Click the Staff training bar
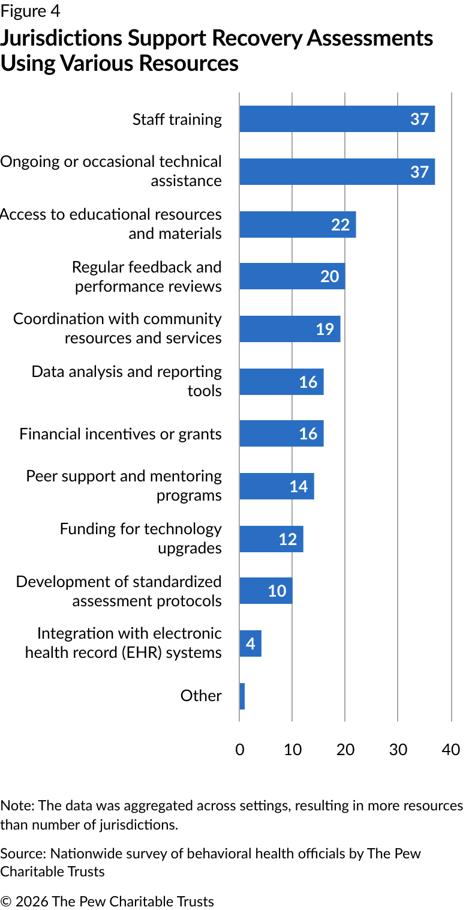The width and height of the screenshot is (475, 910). [336, 119]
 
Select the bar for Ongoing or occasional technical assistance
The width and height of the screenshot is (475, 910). [336, 172]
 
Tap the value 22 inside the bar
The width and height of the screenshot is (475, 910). [340, 224]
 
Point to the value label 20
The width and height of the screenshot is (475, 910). [329, 277]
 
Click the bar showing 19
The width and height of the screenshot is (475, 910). [290, 329]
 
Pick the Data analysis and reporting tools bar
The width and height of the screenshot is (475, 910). [281, 382]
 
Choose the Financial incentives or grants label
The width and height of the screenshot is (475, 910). [120, 434]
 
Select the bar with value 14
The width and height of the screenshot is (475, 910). [276, 486]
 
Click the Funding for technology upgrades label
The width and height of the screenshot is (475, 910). [140, 538]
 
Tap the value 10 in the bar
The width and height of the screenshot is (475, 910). [276, 591]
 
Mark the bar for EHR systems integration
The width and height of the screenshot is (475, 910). [250, 643]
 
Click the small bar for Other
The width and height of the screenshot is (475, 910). [242, 696]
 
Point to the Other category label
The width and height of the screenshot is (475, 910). [201, 696]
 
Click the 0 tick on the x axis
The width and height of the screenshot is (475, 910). [239, 749]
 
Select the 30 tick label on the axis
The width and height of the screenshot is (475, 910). [398, 749]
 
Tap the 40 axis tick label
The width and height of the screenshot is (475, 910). [451, 749]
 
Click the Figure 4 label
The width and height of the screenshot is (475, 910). [31, 11]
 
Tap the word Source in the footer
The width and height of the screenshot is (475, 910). [22, 854]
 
